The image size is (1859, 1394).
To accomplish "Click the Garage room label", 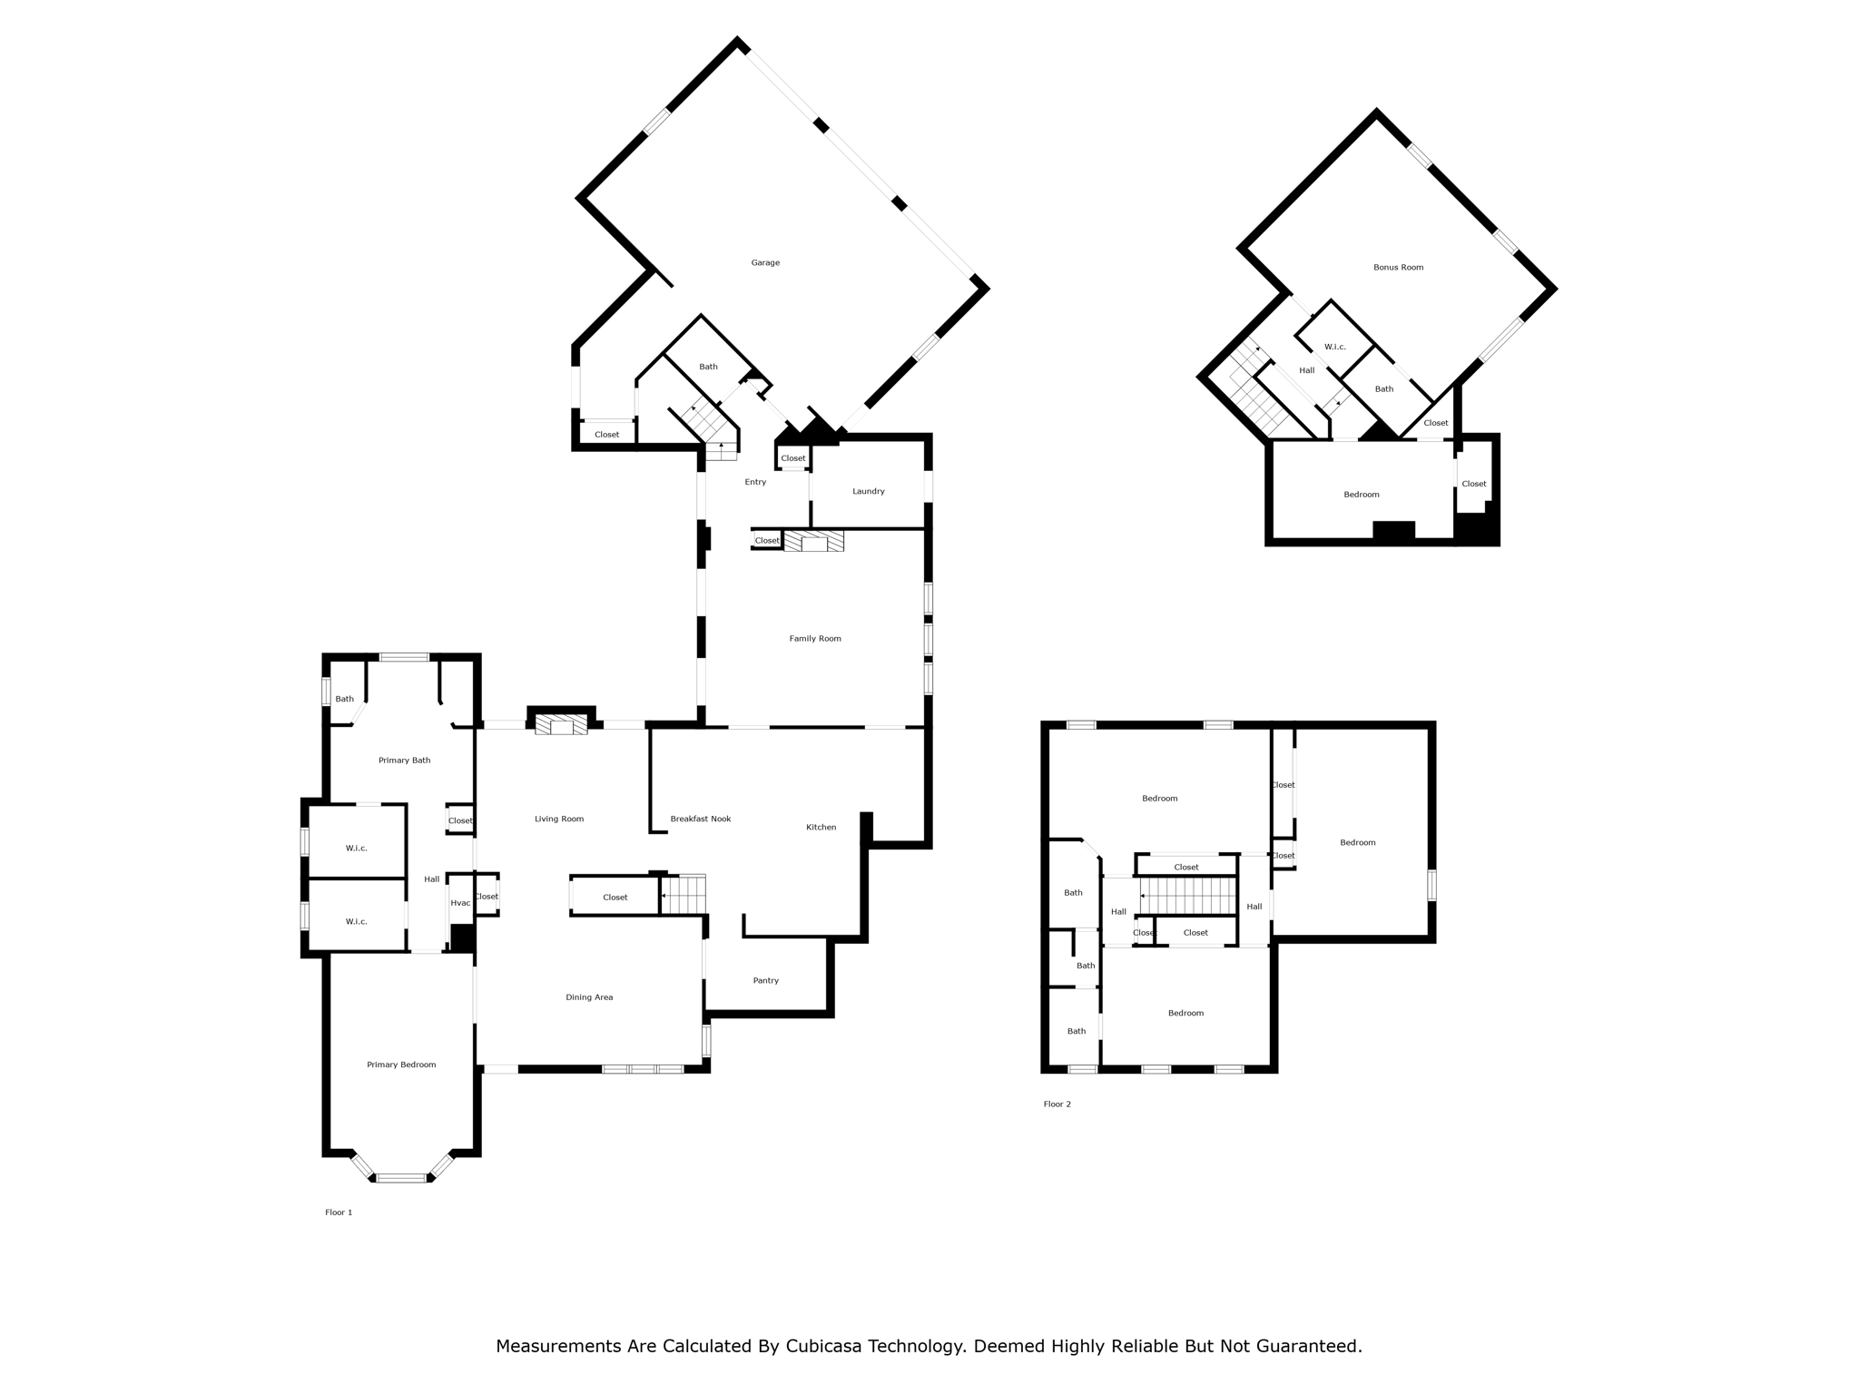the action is coord(765,263).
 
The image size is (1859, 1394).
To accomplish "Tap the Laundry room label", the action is coord(868,492).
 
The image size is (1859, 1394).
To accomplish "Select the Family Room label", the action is coord(815,639).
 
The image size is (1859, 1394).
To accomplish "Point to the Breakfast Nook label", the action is coord(701,819).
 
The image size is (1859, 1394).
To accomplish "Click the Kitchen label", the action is coord(821,827).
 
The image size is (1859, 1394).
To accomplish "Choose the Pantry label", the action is coord(766,980).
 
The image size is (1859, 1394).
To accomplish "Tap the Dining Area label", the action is coord(589,997).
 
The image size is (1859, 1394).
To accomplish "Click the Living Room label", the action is coord(559,819).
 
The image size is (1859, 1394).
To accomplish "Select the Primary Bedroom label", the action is coord(401,1065).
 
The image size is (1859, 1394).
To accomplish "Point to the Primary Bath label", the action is coord(404,761).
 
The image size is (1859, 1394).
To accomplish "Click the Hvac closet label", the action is coord(460,903).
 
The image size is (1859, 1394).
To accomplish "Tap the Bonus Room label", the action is coord(1398,268).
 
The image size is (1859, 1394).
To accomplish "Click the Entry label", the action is coord(755,482).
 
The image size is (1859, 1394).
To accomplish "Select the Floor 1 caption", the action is coord(339,1212).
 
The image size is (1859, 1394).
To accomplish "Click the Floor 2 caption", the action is coord(1057,1104).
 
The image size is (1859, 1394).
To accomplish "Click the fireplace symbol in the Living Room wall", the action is coord(561,724).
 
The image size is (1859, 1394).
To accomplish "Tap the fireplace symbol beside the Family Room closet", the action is coord(814,541).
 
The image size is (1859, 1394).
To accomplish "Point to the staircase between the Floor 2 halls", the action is coord(1188,897).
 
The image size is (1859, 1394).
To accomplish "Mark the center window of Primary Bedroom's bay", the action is coord(401,1178).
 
